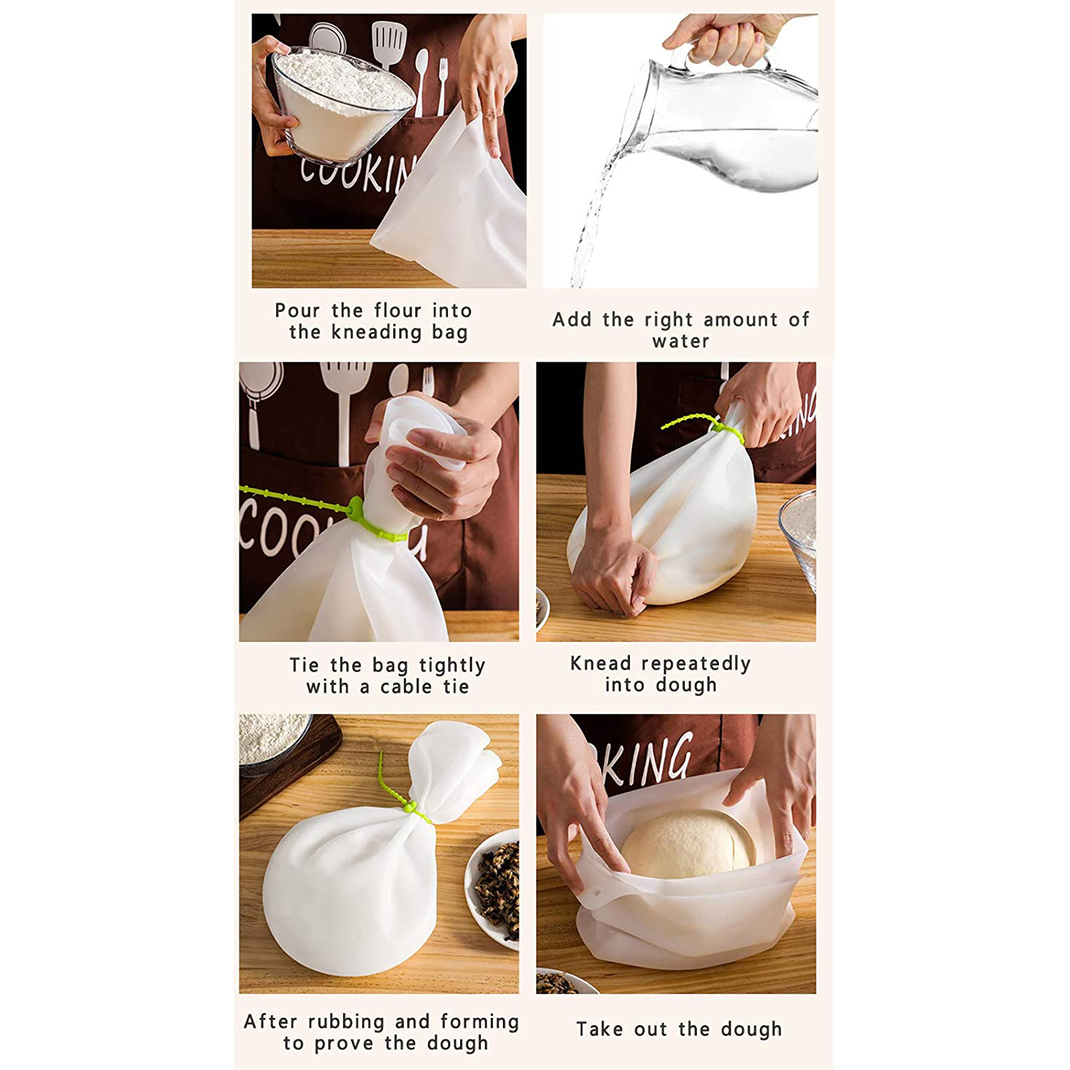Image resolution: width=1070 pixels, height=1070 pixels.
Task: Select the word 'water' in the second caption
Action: tap(681, 341)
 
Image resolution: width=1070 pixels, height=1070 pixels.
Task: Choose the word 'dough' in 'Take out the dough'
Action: tap(751, 1029)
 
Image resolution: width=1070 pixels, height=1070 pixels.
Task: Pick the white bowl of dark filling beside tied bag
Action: tap(493, 888)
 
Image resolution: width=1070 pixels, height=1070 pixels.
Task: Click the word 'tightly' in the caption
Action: tap(452, 666)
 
